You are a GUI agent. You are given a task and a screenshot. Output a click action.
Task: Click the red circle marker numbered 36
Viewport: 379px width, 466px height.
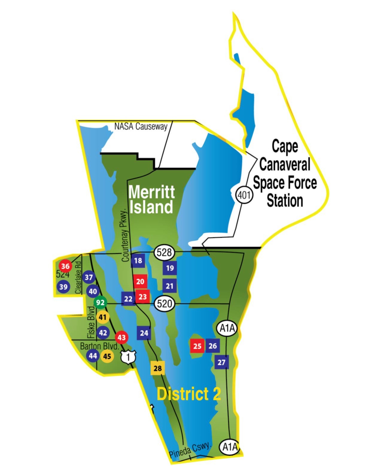pyautogui.click(x=65, y=266)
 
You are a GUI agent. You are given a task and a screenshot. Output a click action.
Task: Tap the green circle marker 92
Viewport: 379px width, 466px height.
pyautogui.click(x=100, y=302)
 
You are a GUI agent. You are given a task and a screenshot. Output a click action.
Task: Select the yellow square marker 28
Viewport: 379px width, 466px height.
pyautogui.click(x=157, y=368)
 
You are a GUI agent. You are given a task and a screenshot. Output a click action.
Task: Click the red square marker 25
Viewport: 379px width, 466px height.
pyautogui.click(x=197, y=346)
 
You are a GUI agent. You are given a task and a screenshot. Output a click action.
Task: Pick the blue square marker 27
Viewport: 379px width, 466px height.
pyautogui.click(x=222, y=362)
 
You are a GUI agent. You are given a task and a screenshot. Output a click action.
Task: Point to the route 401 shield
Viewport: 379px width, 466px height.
pyautogui.click(x=244, y=195)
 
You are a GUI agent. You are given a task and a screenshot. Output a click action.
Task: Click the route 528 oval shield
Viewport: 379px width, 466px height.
pyautogui.click(x=164, y=252)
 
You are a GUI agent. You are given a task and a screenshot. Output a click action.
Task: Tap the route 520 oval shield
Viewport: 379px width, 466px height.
pyautogui.click(x=164, y=304)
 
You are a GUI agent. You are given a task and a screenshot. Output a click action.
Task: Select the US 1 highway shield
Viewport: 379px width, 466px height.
pyautogui.click(x=128, y=357)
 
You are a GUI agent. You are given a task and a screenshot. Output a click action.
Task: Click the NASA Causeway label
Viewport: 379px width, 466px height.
pyautogui.click(x=141, y=126)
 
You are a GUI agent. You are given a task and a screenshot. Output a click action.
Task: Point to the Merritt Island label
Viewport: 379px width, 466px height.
pyautogui.click(x=151, y=199)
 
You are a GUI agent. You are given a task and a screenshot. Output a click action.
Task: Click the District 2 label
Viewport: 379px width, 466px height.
pyautogui.click(x=189, y=394)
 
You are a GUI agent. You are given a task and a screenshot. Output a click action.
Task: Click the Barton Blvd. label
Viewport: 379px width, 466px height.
pyautogui.click(x=99, y=346)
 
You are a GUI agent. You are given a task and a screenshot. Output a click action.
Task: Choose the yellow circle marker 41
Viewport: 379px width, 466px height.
pyautogui.click(x=103, y=317)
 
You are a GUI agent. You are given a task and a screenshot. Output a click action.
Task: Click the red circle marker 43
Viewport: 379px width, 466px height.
pyautogui.click(x=122, y=338)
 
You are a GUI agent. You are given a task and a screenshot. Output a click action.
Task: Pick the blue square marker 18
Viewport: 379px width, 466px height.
pyautogui.click(x=138, y=261)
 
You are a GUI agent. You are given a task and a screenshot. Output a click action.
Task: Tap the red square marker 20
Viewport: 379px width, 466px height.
pyautogui.click(x=140, y=282)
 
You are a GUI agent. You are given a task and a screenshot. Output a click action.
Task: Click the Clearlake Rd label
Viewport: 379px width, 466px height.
pyautogui.click(x=78, y=278)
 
